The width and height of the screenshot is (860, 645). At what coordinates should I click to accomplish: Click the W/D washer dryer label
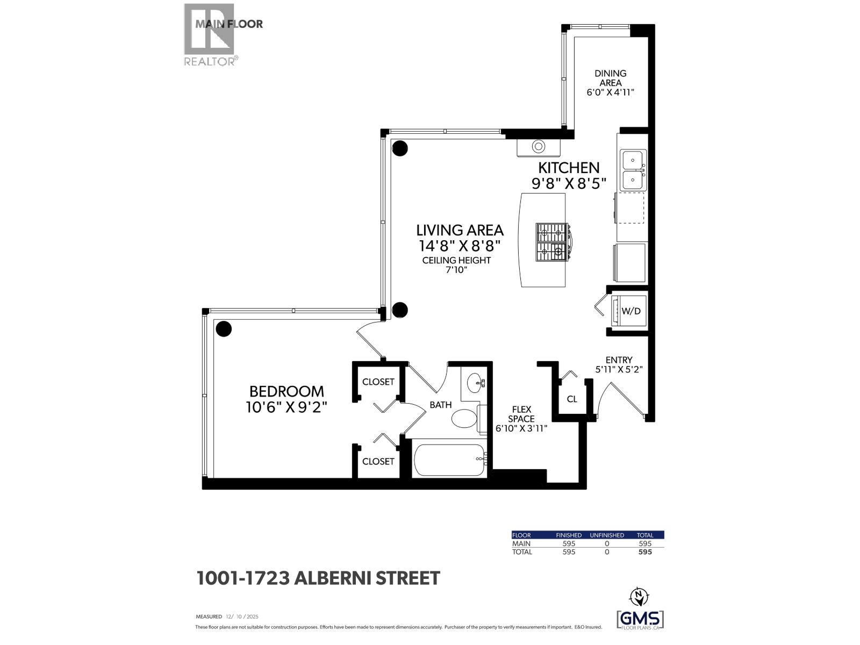[x=631, y=311]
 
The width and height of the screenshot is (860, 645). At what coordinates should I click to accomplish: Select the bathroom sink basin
[x=476, y=384]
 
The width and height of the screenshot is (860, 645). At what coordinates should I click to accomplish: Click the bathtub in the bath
[x=449, y=460]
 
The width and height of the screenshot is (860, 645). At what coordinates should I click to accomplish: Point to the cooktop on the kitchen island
[x=551, y=242]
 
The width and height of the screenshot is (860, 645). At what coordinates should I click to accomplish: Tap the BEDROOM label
[x=286, y=391]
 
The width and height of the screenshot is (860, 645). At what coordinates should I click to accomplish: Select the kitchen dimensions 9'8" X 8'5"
[x=569, y=184]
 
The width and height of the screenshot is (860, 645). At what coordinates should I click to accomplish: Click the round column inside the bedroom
[x=223, y=328]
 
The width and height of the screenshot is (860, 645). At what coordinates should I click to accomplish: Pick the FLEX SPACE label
[x=521, y=414]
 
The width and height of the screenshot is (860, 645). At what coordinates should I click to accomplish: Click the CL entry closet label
[x=572, y=399]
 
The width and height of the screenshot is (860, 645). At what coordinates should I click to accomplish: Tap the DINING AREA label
[x=610, y=78]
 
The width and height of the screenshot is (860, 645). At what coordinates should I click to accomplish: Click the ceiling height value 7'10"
[x=456, y=270]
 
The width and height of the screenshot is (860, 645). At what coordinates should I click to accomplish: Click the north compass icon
[x=639, y=596]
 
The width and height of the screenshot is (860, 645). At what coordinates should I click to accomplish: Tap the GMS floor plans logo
[x=640, y=619]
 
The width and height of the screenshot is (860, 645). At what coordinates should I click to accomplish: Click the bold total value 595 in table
[x=644, y=552]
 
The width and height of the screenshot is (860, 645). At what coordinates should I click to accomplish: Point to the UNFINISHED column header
[x=607, y=535]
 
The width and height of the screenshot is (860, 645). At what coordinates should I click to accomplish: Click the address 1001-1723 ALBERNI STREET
[x=318, y=578]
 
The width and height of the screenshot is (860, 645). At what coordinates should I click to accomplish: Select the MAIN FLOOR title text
[x=229, y=24]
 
